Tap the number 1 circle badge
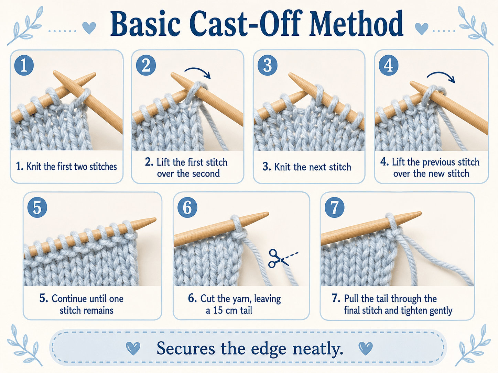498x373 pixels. click(x=24, y=65)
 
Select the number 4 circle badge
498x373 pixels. click(x=389, y=65)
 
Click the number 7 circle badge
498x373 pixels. click(x=334, y=207)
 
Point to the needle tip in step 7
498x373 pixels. click(x=421, y=213)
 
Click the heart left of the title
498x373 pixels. click(x=89, y=28)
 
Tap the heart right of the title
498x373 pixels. click(x=422, y=29)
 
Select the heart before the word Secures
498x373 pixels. click(x=133, y=348)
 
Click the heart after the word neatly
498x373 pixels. click(x=366, y=348)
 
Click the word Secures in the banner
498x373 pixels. click(x=186, y=348)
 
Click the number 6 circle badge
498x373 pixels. click(x=187, y=207)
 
